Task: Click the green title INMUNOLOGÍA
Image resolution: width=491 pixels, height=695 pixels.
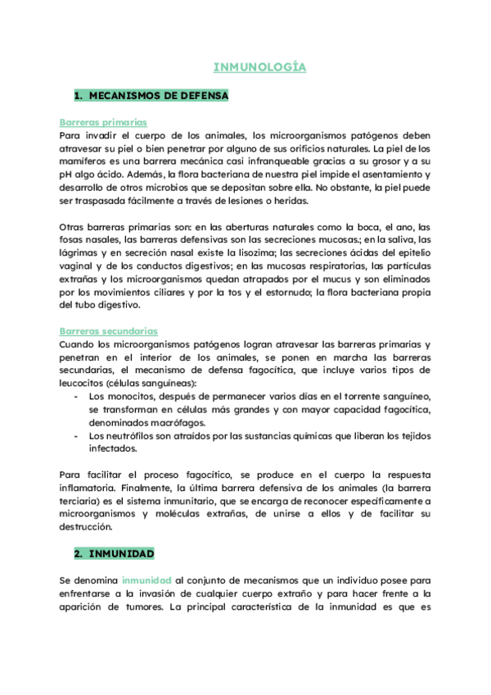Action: coord(259,67)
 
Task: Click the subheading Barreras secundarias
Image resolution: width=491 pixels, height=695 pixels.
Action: coord(109,331)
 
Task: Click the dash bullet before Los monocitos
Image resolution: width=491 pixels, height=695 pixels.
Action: coord(76,397)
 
